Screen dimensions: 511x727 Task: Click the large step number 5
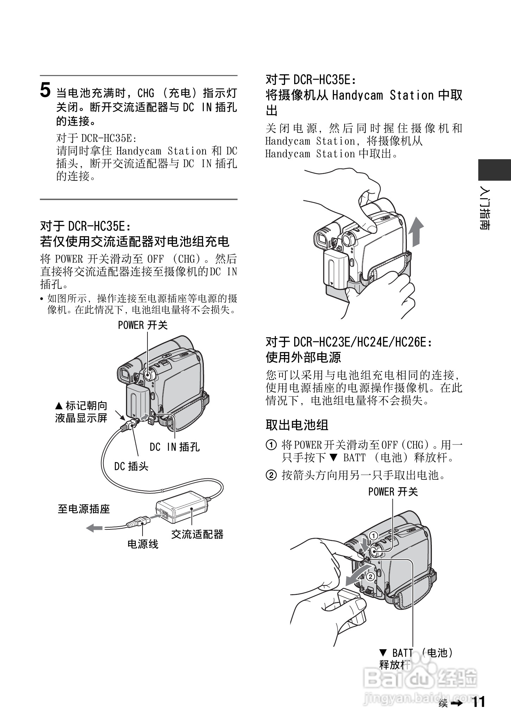tap(45, 91)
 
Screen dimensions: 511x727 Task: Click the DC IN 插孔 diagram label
tap(175, 447)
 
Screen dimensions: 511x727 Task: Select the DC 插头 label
tap(131, 466)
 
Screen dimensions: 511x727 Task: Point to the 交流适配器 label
tap(197, 534)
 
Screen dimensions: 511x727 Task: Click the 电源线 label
tap(143, 544)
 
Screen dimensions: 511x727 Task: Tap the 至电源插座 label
tap(84, 509)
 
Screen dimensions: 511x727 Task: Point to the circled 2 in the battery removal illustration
tap(370, 577)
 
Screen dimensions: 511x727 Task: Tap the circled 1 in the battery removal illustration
tap(373, 536)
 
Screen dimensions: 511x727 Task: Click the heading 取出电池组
tap(297, 425)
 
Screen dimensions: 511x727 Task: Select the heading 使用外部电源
tap(303, 358)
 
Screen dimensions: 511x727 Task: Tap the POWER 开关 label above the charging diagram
tap(143, 325)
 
